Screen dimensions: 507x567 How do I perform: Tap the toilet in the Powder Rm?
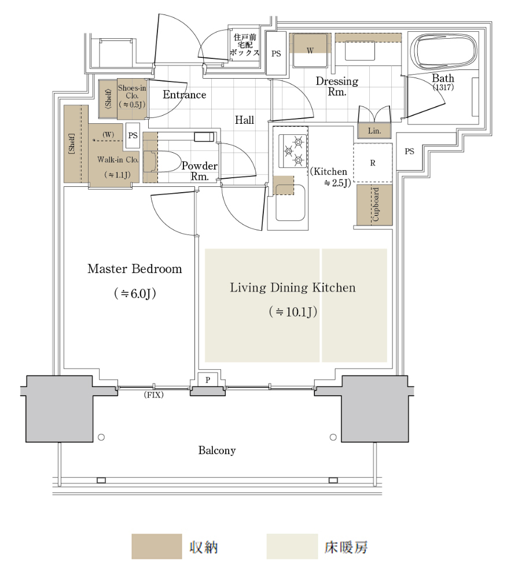click(x=162, y=161)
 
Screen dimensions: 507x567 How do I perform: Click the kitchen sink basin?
click(x=290, y=202)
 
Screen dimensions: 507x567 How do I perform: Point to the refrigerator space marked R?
click(x=373, y=163)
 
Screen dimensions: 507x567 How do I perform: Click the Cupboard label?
click(x=376, y=204)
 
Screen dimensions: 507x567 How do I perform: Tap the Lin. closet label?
click(x=374, y=131)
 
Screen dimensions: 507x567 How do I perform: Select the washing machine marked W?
click(x=310, y=50)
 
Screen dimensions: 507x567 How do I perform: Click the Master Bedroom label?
click(x=134, y=268)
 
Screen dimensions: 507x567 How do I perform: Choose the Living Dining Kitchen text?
click(x=293, y=288)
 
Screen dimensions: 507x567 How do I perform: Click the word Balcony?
click(x=217, y=450)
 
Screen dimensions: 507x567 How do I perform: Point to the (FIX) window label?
click(x=154, y=395)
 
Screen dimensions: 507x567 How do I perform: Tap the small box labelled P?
click(x=208, y=380)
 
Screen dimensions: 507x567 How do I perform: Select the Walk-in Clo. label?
click(x=118, y=160)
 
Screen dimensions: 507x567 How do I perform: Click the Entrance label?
click(x=185, y=95)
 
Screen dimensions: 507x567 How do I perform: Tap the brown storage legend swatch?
click(x=157, y=546)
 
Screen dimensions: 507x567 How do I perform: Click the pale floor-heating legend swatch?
click(x=292, y=546)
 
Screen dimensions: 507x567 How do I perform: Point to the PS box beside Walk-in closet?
click(x=133, y=135)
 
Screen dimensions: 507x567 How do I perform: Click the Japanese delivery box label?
click(x=245, y=45)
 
